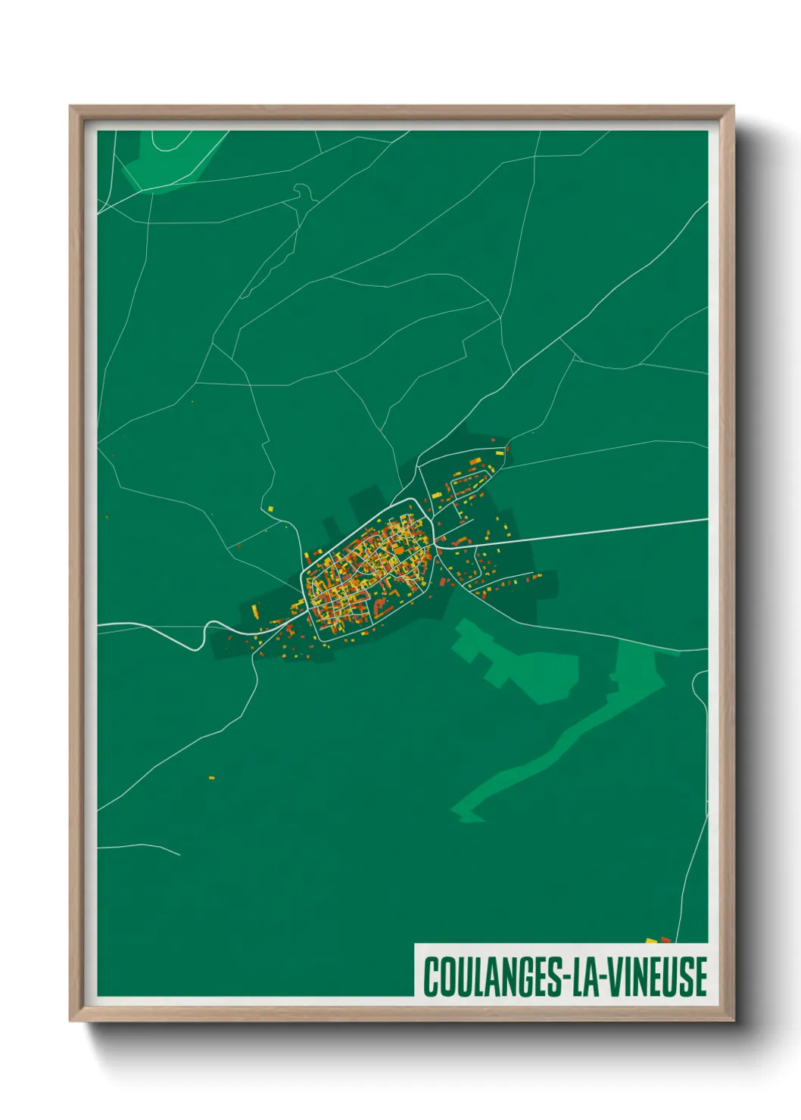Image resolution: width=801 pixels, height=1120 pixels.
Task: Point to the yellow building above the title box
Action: click(650, 941)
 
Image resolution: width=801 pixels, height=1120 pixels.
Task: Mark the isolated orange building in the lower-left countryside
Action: click(212, 777)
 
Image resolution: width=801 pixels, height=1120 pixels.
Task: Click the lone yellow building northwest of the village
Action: click(270, 509)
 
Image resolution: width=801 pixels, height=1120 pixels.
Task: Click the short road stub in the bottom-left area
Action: click(144, 848)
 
